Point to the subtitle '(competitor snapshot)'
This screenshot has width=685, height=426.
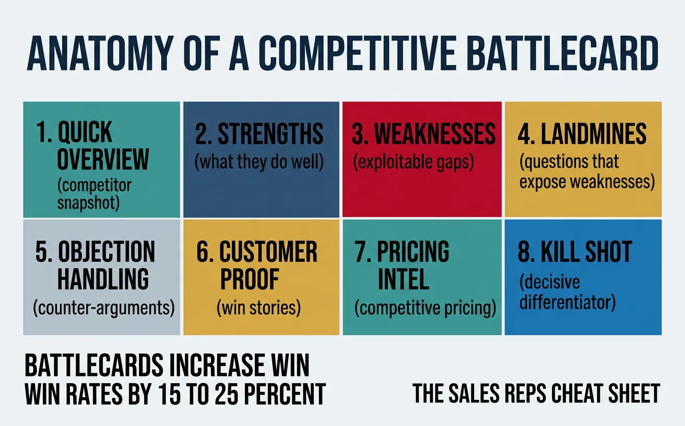94,194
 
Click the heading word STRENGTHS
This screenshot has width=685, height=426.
270,134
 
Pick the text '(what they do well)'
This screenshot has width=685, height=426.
259,162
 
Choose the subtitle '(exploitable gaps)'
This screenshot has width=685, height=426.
414,162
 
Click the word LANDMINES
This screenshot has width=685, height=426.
594,134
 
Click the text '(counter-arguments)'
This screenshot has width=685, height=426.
103,308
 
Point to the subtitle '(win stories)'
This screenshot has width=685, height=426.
259,308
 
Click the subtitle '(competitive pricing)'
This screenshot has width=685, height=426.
425,308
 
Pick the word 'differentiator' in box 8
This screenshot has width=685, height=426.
568,301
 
